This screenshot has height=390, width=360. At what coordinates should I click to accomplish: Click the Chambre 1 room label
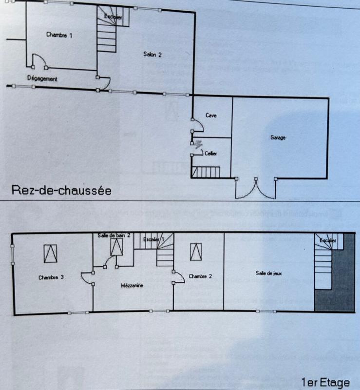coord(59,35)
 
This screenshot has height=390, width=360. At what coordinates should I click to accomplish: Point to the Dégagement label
coord(42,78)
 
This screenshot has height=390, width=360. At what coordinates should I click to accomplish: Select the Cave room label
coord(210,116)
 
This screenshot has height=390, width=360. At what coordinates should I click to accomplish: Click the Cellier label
coord(210,154)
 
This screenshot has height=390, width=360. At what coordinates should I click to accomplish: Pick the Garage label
coord(278,138)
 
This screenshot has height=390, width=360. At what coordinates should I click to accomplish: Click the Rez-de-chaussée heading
coord(61,190)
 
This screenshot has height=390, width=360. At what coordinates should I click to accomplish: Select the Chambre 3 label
coord(51,277)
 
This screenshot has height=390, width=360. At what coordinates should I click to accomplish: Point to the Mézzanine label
coord(132,286)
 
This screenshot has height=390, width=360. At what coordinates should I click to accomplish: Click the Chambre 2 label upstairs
coord(200,277)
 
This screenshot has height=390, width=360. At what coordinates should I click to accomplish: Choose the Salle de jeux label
coord(267,273)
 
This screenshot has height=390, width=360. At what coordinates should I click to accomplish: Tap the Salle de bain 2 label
coord(114,235)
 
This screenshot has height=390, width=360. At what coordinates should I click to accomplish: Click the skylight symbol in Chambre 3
coord(50,253)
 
